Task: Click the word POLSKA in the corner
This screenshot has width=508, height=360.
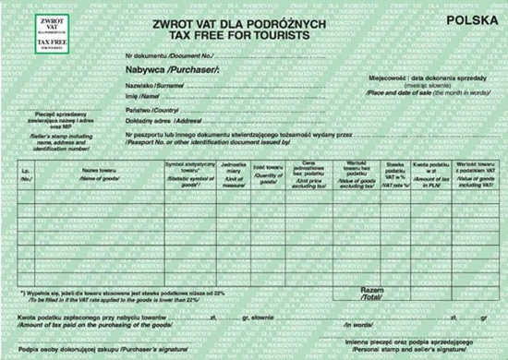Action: (x=466, y=19)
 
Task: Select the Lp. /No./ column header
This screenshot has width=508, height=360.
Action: (x=26, y=174)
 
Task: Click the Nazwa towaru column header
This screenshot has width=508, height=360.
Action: (x=95, y=174)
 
